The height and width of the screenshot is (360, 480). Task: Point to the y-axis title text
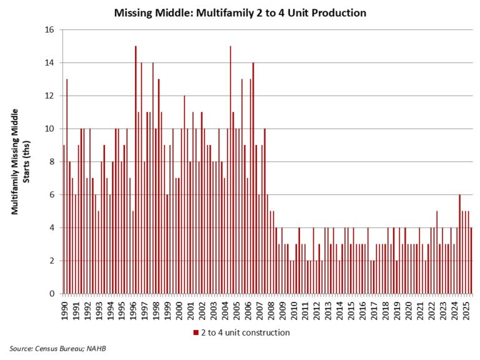[19, 161]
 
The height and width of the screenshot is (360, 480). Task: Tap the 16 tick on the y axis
[50, 30]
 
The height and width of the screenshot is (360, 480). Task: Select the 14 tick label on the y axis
[50, 63]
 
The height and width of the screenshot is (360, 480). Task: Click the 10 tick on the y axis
[50, 129]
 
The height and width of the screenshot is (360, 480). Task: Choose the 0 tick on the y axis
[52, 294]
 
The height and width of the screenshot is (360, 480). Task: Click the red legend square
[196, 332]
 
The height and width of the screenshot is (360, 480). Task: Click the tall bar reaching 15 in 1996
[136, 169]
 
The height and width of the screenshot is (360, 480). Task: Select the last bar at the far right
[471, 261]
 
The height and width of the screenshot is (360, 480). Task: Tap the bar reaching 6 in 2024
[459, 244]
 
